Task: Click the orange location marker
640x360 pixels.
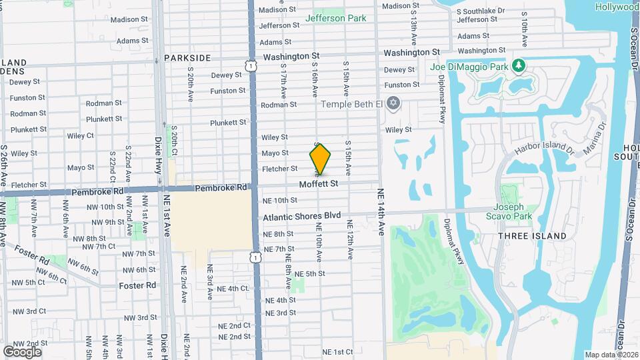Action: [x=320, y=159]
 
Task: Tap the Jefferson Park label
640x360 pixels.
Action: [x=335, y=18]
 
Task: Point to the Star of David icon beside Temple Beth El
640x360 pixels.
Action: [x=393, y=103]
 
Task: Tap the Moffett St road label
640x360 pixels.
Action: [x=319, y=183]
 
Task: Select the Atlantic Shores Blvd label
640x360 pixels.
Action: [x=301, y=217]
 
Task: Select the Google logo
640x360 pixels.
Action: [x=22, y=351]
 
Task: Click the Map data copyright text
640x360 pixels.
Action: [x=611, y=355]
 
